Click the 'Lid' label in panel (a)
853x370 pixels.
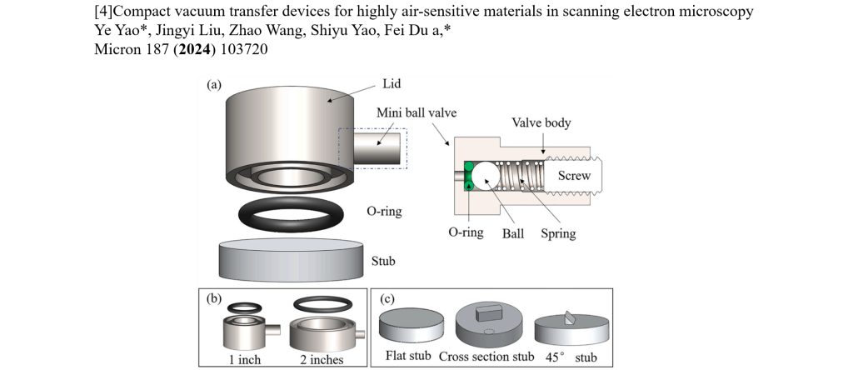(393, 83)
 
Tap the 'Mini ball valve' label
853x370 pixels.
(417, 112)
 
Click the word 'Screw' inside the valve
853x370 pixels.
(575, 176)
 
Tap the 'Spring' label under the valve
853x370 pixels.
(556, 234)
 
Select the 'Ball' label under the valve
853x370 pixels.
(512, 234)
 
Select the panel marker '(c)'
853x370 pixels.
(387, 298)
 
